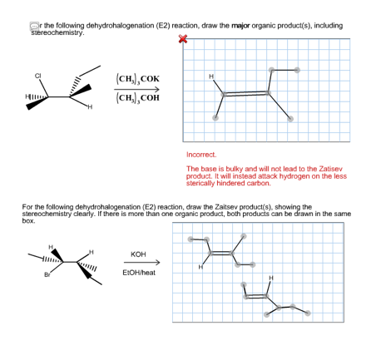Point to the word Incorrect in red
click(x=202, y=155)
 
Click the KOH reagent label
click(x=139, y=253)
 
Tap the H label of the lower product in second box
click(x=270, y=278)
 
